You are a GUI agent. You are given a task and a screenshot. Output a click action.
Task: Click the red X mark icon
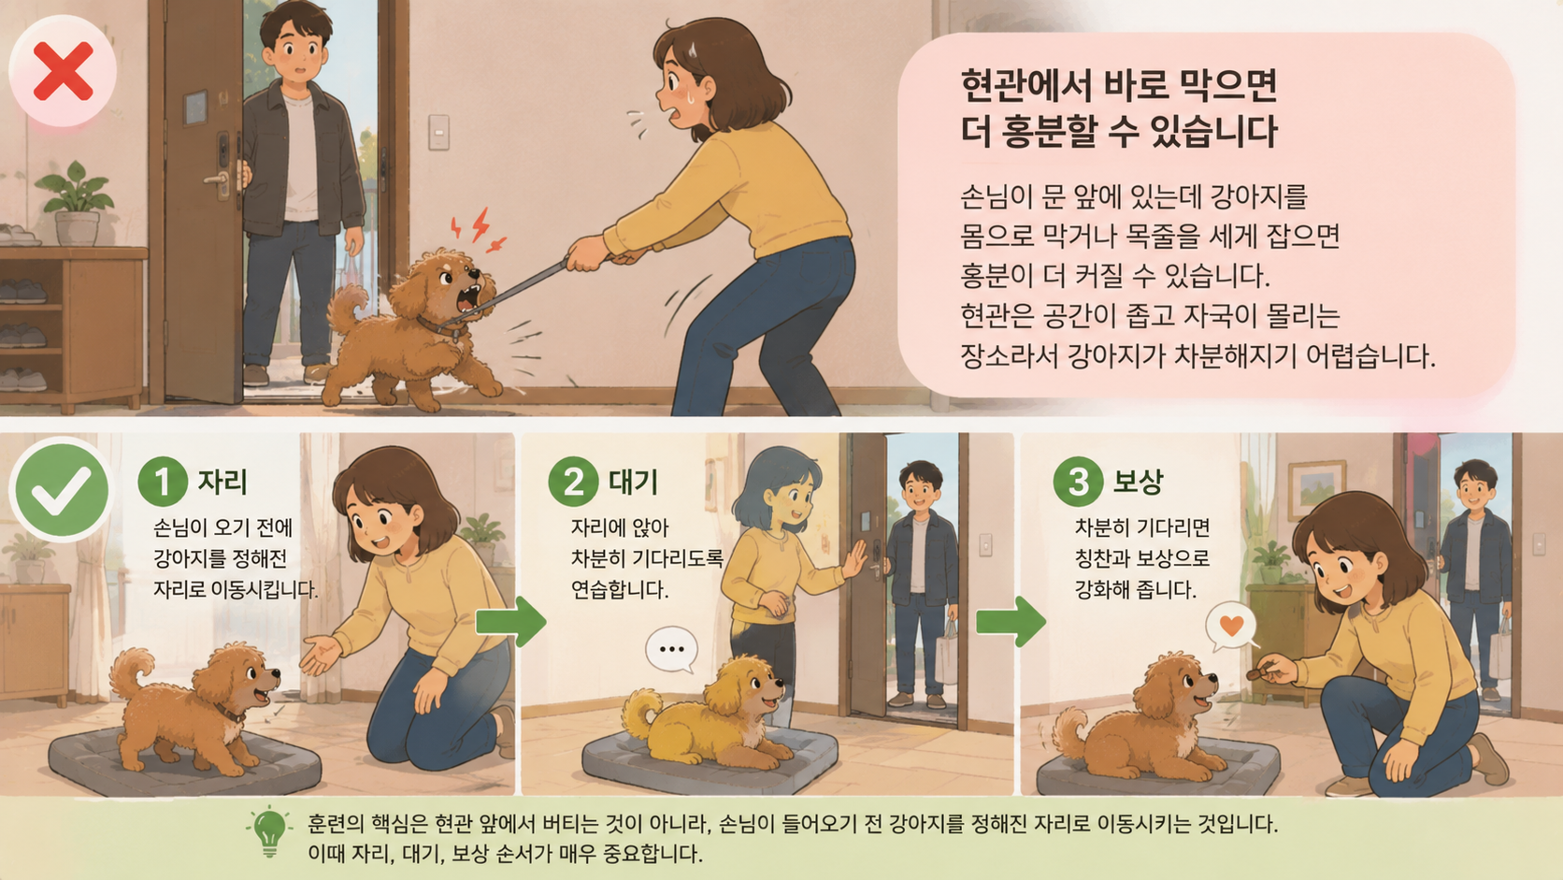[x=63, y=71]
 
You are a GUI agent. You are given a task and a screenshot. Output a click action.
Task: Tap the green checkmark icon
[x=62, y=490]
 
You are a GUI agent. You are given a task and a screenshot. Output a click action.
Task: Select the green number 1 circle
[x=163, y=482]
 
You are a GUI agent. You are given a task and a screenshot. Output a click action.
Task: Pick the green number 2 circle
[x=573, y=482]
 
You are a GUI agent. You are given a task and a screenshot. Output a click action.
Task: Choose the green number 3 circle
[x=1078, y=482]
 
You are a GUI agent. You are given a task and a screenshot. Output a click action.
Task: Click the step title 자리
[x=222, y=482]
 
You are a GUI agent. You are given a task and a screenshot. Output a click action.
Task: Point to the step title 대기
[x=633, y=482]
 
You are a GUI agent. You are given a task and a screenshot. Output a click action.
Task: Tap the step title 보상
[x=1138, y=482]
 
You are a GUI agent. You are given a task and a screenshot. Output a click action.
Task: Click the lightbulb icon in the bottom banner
[x=269, y=831]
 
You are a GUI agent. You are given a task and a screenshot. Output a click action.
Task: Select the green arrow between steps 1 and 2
[x=510, y=621]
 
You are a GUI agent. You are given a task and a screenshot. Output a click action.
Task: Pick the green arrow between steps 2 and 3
[x=1011, y=621]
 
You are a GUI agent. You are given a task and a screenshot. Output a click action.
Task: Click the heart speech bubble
[x=1231, y=626]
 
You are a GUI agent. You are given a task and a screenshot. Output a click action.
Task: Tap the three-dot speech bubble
[x=672, y=649]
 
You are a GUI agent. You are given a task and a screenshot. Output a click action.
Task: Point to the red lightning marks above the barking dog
[x=479, y=230]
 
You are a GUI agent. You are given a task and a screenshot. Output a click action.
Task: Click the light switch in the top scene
[x=439, y=132]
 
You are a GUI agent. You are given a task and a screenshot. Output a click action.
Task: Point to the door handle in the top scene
[x=218, y=180]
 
